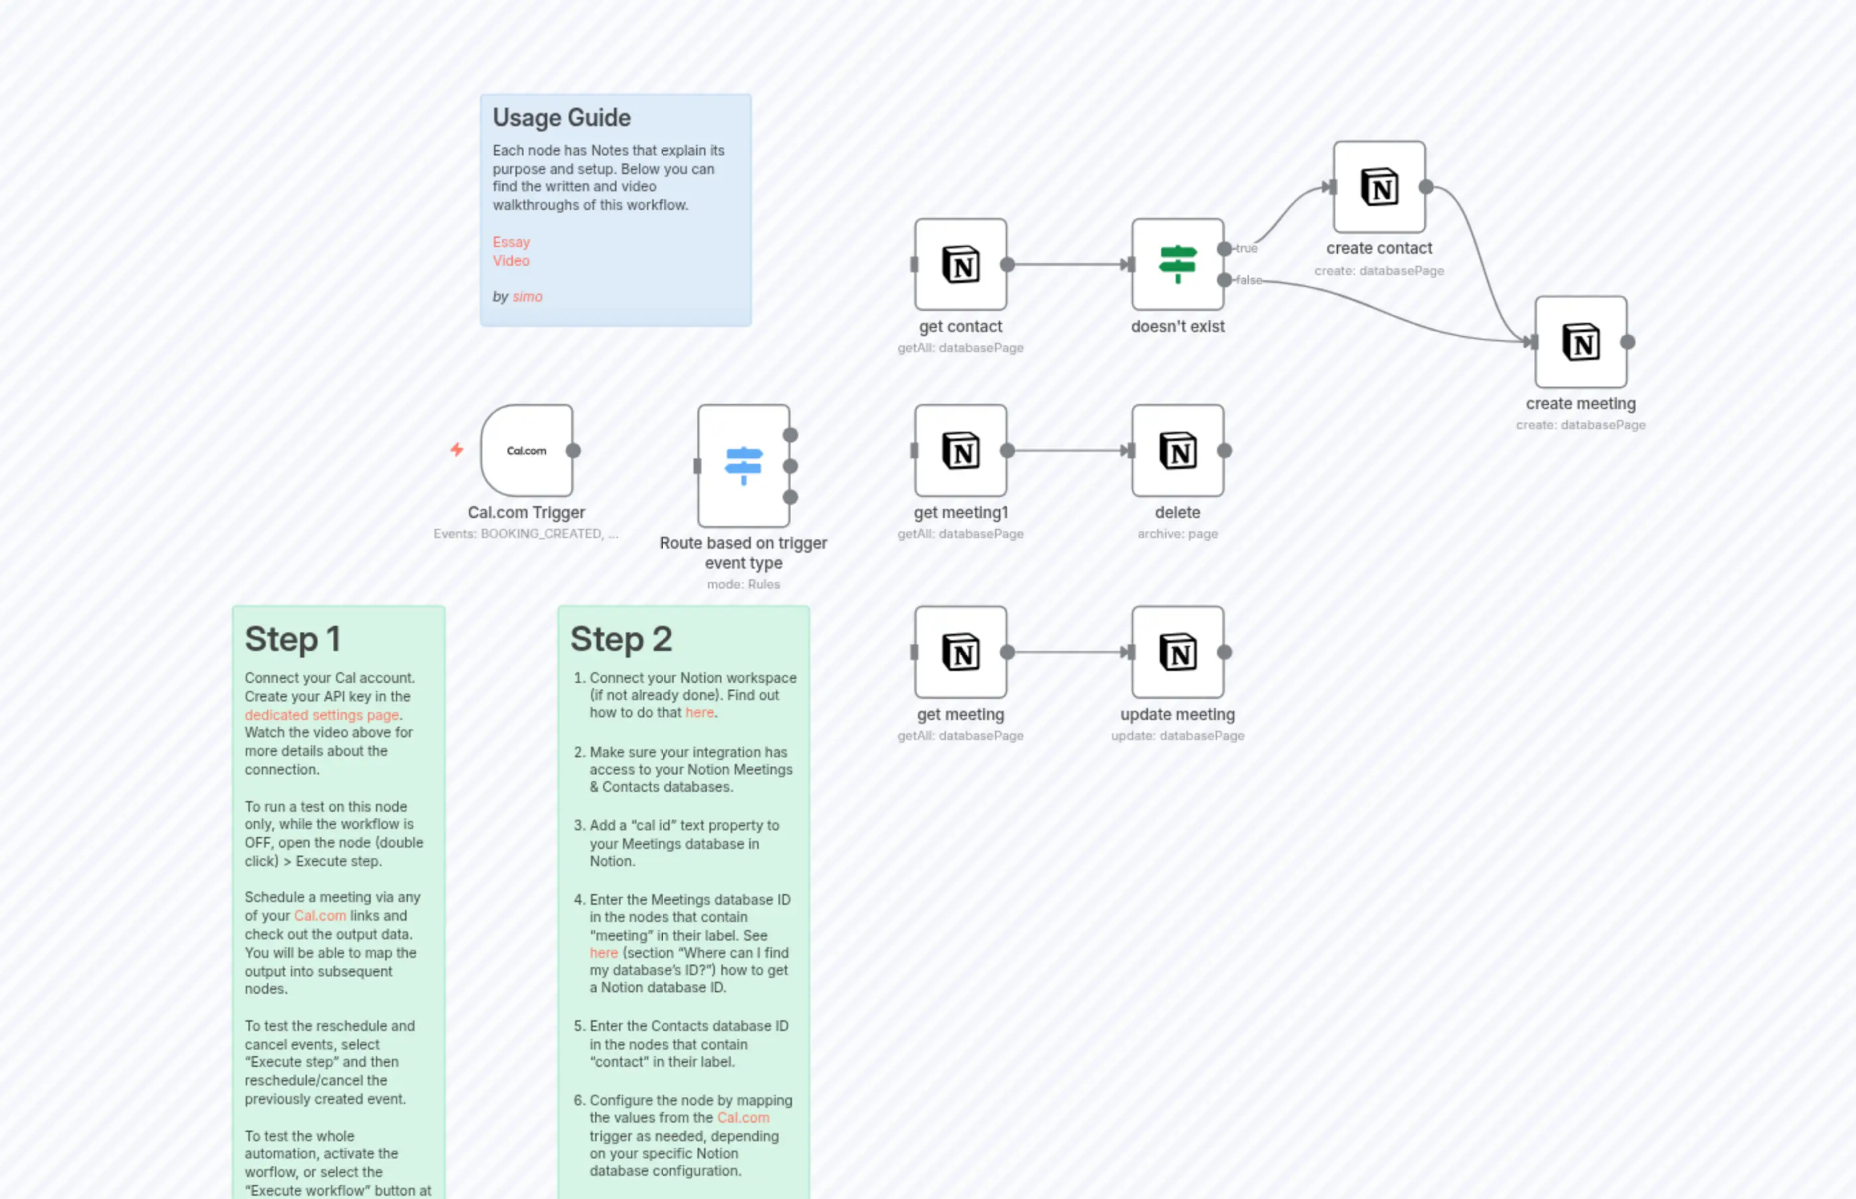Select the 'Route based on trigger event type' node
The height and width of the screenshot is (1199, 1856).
(x=743, y=466)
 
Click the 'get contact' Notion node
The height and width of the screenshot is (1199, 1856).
(x=960, y=265)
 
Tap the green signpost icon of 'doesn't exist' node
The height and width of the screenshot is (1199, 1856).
(x=1177, y=264)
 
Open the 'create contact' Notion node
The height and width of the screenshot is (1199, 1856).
(x=1379, y=187)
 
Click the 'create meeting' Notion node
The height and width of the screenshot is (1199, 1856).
(x=1580, y=342)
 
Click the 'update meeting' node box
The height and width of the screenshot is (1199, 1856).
(x=1177, y=652)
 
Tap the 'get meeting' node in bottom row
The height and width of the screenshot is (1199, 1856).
(x=960, y=652)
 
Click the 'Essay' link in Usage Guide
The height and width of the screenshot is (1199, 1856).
(x=511, y=242)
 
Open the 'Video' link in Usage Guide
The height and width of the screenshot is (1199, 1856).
(x=511, y=261)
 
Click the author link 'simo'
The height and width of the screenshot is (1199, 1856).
(x=527, y=297)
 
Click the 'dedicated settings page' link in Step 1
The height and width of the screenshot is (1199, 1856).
(x=322, y=715)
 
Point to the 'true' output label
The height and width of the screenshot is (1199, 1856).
(x=1246, y=248)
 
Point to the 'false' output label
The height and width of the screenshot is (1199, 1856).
(x=1249, y=280)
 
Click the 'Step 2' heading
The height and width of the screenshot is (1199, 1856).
(x=620, y=639)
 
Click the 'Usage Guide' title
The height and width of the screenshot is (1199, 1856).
(x=561, y=118)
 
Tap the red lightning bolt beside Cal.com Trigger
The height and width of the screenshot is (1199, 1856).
(x=457, y=449)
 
